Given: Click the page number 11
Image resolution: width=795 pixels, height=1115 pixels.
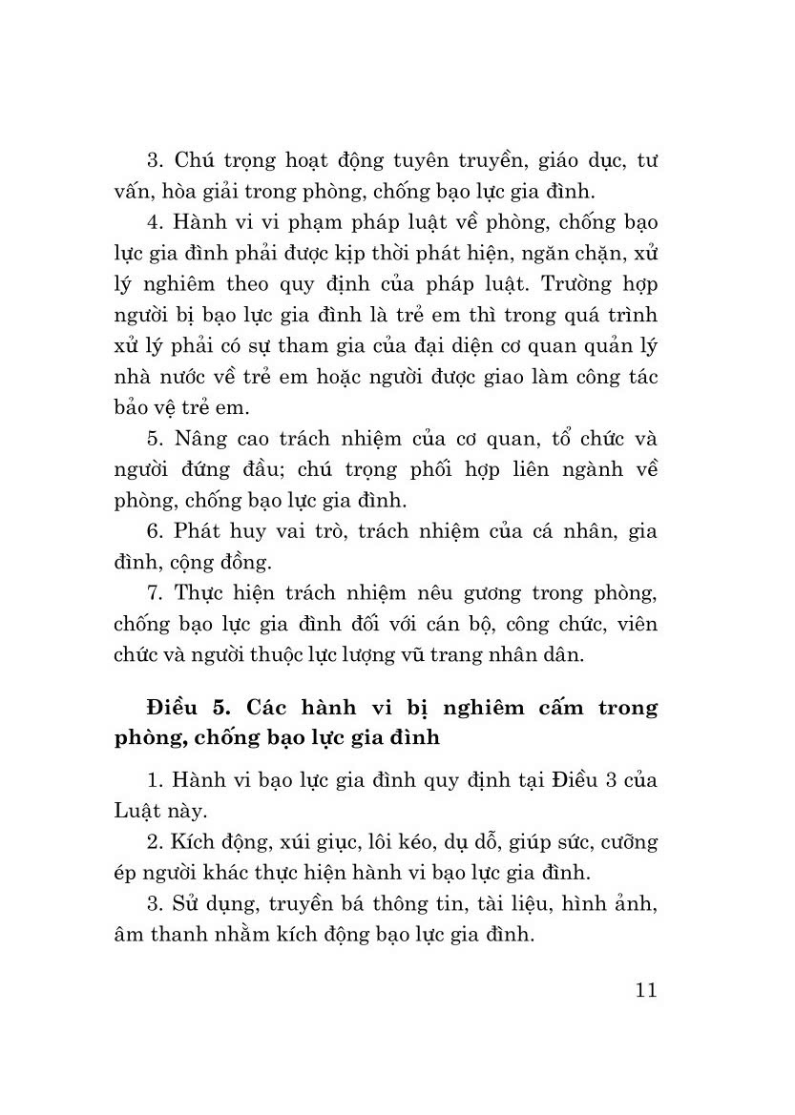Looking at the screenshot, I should pyautogui.click(x=644, y=989).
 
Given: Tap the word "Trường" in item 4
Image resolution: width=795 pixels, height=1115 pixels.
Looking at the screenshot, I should pyautogui.click(x=574, y=284).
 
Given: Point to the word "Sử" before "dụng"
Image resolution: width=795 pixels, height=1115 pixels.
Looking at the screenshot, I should pyautogui.click(x=188, y=903).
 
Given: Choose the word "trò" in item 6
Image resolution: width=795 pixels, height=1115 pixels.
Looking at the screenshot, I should pyautogui.click(x=324, y=531).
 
